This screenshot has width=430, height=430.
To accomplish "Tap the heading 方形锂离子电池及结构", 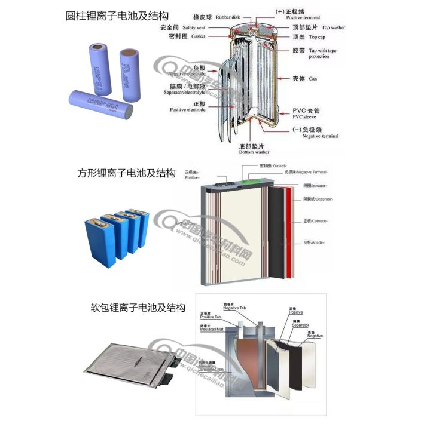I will click(126, 173).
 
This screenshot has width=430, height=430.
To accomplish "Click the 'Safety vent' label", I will click(196, 27).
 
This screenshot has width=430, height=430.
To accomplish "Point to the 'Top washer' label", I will click(333, 27).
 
